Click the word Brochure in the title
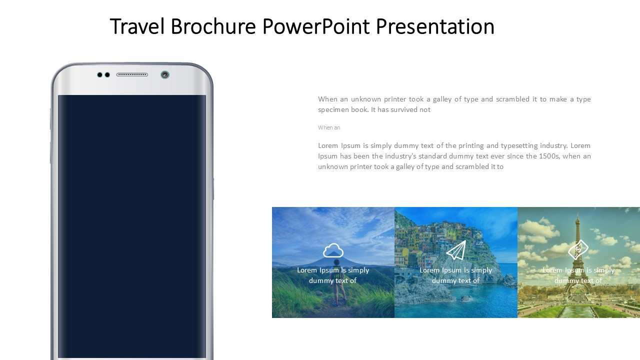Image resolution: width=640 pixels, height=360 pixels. click(x=213, y=26)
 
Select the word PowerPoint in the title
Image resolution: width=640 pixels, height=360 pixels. click(x=315, y=26)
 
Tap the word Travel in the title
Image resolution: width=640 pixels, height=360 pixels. click(x=137, y=26)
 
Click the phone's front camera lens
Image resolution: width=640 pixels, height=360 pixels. click(x=165, y=75)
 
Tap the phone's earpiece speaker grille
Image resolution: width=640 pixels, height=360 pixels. click(x=132, y=75)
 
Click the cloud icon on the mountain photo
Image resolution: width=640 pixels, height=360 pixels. click(x=333, y=250)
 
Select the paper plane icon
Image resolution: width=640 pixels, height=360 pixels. click(x=456, y=250)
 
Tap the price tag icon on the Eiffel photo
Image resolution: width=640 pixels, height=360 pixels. click(x=578, y=249)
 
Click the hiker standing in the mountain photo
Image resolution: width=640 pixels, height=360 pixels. click(x=338, y=281)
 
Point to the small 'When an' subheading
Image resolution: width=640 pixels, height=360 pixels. click(x=329, y=127)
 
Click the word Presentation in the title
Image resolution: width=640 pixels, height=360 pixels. click(x=435, y=26)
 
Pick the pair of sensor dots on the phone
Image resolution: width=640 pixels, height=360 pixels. click(x=103, y=75)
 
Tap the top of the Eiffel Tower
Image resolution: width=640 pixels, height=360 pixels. click(x=577, y=215)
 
